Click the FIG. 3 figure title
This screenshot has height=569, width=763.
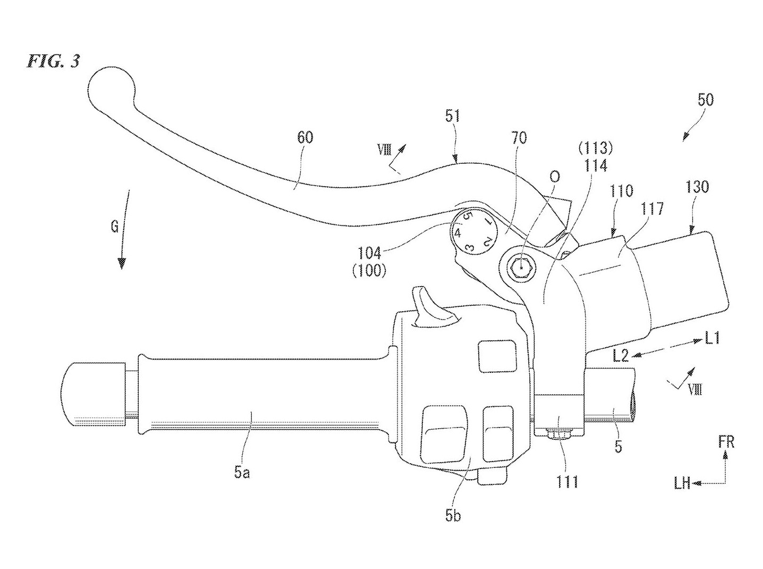53,61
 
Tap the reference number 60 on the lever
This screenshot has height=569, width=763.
305,138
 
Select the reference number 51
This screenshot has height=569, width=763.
453,116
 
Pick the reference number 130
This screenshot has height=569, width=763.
698,187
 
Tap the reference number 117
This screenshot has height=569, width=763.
652,208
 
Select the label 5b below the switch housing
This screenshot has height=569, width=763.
453,515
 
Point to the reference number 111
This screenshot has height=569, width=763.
566,482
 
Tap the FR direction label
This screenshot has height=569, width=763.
726,442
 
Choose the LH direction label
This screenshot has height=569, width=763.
682,484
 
